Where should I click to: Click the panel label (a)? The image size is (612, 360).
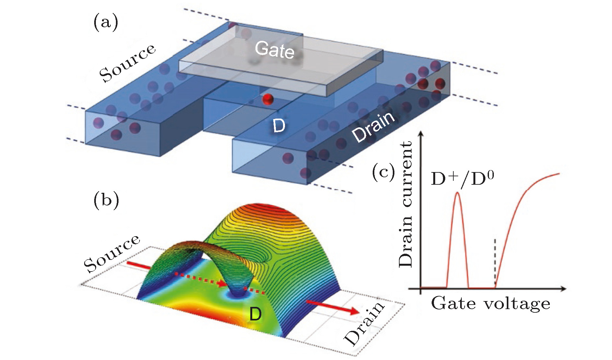pyautogui.click(x=106, y=24)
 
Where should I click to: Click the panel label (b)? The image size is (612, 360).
pyautogui.click(x=106, y=200)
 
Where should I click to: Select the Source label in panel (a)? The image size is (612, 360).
pyautogui.click(x=127, y=63)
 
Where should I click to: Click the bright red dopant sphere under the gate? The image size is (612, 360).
pyautogui.click(x=268, y=99)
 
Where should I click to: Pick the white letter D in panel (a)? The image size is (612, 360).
pyautogui.click(x=279, y=126)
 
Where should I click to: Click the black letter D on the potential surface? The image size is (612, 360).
pyautogui.click(x=255, y=314)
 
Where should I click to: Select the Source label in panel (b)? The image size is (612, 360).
pyautogui.click(x=112, y=254)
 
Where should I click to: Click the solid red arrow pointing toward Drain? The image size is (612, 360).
pyautogui.click(x=334, y=307)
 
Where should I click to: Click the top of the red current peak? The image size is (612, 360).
pyautogui.click(x=457, y=193)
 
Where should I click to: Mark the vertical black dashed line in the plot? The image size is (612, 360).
pyautogui.click(x=494, y=262)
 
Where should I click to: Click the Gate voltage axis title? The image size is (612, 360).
pyautogui.click(x=490, y=304)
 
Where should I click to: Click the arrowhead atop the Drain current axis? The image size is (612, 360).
pyautogui.click(x=421, y=134)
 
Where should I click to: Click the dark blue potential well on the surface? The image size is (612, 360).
pyautogui.click(x=238, y=293)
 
